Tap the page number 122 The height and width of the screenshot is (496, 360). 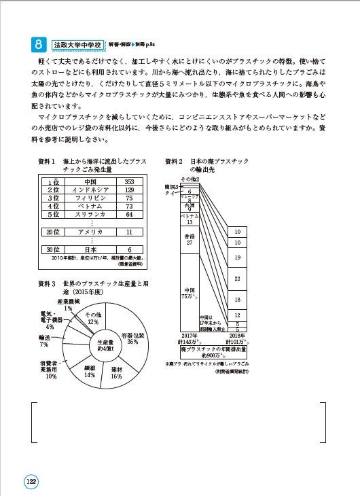click(x=31, y=480)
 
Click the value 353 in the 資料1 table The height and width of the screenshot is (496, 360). click(x=129, y=182)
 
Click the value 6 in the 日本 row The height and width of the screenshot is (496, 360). click(x=129, y=249)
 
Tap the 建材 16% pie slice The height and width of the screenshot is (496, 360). click(x=116, y=371)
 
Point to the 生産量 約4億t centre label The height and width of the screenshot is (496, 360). click(x=105, y=345)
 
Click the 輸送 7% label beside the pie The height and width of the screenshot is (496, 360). click(x=43, y=340)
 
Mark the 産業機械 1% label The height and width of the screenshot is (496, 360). click(x=68, y=304)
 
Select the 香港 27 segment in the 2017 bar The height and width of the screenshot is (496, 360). click(x=190, y=238)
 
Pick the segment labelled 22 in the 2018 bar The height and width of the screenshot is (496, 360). click(x=238, y=279)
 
